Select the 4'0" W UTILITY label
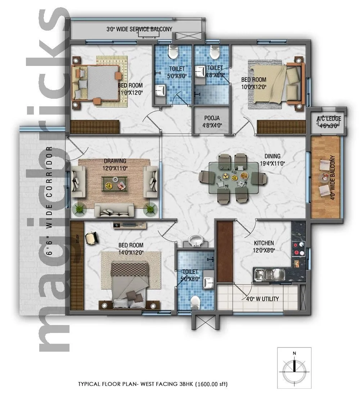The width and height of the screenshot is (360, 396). point(262,299)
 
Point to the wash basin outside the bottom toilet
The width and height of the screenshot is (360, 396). point(195,240)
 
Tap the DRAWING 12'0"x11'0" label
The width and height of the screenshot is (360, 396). point(115,164)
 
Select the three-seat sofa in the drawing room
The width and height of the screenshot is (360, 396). point(114,210)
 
